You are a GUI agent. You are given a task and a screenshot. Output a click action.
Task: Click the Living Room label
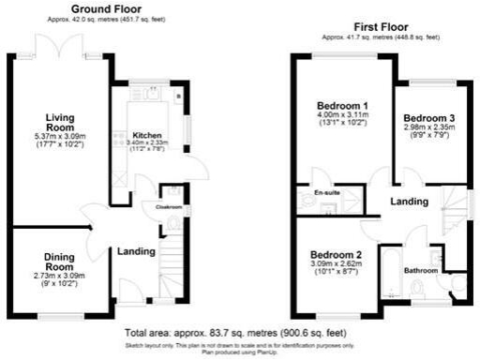click(x=58, y=123)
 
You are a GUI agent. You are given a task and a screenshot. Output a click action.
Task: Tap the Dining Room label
click(x=58, y=260)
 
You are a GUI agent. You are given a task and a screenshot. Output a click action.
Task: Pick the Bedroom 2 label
click(x=336, y=255)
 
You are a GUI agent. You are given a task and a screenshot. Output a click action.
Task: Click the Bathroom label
click(x=420, y=270)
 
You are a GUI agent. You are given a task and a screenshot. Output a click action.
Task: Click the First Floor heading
click(x=380, y=27)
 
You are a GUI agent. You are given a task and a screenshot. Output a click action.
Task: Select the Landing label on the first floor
click(x=409, y=202)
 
